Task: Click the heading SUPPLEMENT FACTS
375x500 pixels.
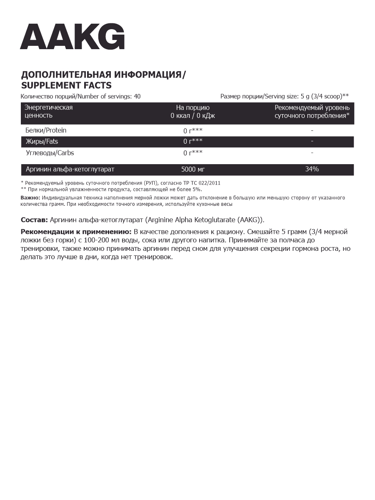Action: point(66,85)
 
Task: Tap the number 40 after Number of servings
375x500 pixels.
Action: point(137,97)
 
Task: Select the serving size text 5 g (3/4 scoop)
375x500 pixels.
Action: point(321,97)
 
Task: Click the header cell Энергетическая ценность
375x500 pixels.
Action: point(49,112)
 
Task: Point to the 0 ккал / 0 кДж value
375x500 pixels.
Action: point(192,116)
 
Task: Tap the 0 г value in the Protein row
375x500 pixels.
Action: point(192,130)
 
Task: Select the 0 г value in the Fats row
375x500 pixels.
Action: point(192,142)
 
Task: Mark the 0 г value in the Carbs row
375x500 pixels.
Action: point(192,153)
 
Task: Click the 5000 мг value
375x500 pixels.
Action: point(193,170)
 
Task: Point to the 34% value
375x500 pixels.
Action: point(312,170)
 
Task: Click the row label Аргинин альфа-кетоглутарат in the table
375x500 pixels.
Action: point(70,170)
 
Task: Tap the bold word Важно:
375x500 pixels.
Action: point(30,197)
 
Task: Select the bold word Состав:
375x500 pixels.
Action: point(34,220)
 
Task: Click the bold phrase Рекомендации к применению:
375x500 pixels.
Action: point(76,232)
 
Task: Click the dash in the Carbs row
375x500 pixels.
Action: point(312,153)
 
